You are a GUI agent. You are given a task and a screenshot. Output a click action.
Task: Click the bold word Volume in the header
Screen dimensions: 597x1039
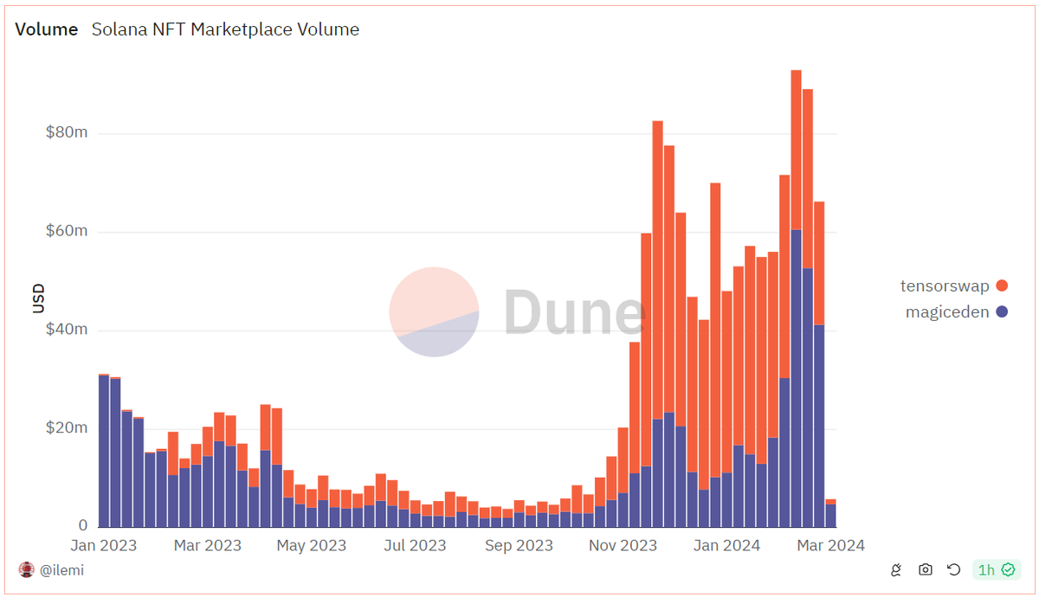[x=48, y=29]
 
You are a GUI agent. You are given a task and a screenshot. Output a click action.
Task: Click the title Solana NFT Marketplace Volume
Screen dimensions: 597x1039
[x=225, y=29]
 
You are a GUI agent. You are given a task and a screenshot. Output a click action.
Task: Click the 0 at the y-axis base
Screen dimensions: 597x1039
[x=82, y=525]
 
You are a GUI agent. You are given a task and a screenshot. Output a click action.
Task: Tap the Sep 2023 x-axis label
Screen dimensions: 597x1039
[x=519, y=545]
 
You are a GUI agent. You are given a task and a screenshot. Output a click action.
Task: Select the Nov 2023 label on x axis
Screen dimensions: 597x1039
[x=623, y=545]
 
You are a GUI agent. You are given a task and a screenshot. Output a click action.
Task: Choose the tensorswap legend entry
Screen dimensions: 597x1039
[x=945, y=286]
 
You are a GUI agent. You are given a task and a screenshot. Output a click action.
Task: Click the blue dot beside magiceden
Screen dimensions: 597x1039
[x=1002, y=312]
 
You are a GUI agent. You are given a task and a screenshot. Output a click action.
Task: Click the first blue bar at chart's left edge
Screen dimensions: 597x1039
[x=104, y=450]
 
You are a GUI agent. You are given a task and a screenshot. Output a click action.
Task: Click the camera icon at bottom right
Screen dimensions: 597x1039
[x=926, y=569]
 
